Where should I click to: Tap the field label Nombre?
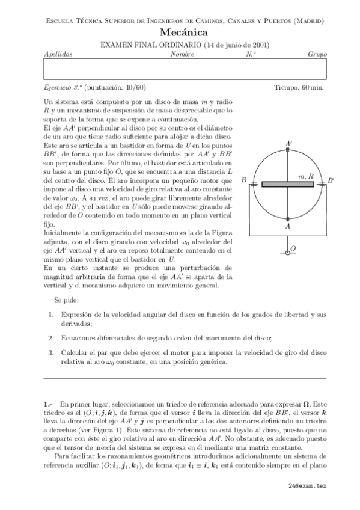182,54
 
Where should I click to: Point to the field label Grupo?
317,54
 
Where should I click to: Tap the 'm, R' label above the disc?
306,176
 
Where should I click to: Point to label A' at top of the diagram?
290,143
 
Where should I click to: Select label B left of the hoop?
243,180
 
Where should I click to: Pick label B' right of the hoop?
331,180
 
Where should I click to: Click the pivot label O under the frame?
293,247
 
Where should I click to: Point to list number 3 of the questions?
51,352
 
